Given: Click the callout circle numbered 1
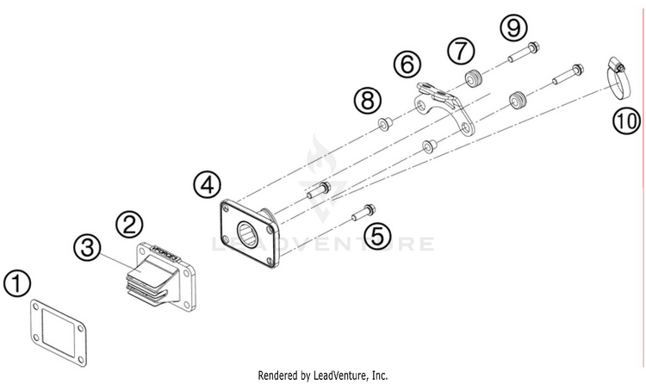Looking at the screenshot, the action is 16,283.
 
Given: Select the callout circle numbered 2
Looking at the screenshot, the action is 129,226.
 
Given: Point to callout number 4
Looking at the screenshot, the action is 207,183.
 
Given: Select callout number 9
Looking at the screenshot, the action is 514,28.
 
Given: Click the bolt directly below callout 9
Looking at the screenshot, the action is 521,57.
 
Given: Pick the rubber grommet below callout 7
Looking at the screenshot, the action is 472,81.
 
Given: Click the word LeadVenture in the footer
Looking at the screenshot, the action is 341,375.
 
